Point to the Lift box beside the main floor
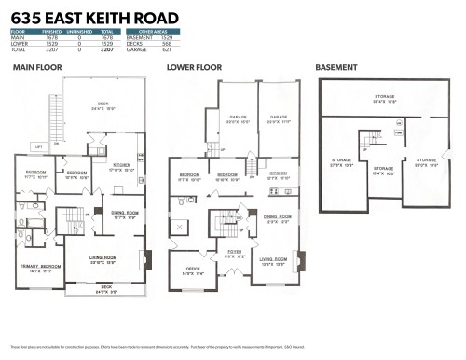38,147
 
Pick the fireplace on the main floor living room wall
143,261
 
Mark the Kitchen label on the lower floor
278,173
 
